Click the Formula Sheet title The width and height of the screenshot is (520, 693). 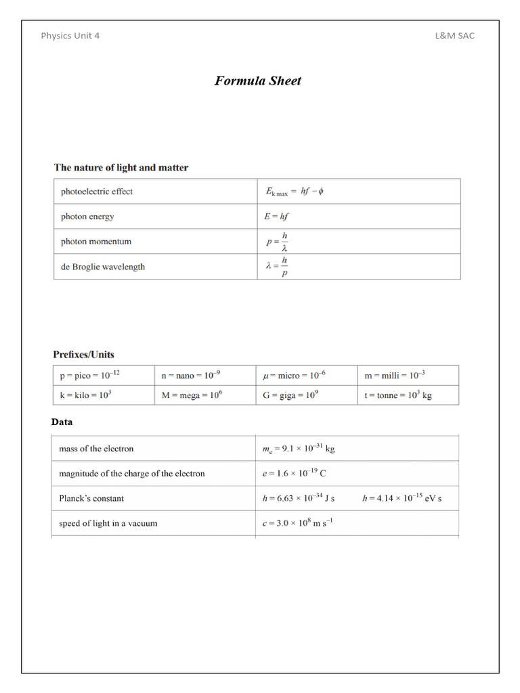(x=258, y=81)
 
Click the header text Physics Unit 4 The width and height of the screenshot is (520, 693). (x=70, y=36)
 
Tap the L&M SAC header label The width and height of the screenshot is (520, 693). (x=454, y=36)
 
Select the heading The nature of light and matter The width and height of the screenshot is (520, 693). (x=121, y=167)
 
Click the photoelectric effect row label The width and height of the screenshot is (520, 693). (x=97, y=192)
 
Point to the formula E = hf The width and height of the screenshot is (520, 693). (x=278, y=217)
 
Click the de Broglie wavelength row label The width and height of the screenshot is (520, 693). (x=103, y=267)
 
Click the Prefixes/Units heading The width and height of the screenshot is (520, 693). (x=84, y=354)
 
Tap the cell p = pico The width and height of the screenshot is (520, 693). (x=91, y=375)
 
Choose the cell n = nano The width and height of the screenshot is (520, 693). (x=191, y=375)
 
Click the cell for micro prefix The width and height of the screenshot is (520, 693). (x=295, y=375)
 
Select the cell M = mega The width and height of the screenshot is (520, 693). (x=192, y=395)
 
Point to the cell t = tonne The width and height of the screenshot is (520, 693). (x=398, y=395)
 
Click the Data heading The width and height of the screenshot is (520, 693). (x=62, y=422)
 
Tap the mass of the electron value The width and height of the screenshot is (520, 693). (x=298, y=449)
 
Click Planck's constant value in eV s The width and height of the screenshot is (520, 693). (x=402, y=498)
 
